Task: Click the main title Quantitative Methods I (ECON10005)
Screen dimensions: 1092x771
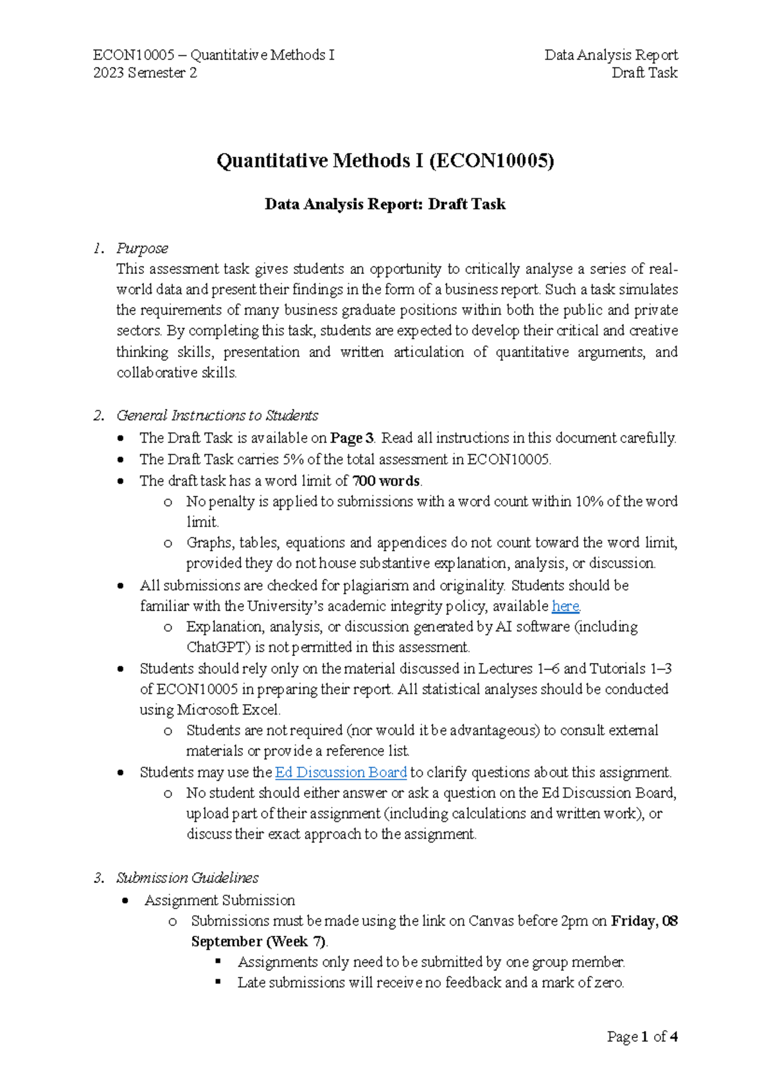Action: click(x=385, y=160)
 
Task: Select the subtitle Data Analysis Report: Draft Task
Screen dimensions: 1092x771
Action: click(x=385, y=205)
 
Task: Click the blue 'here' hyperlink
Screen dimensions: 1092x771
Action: click(x=565, y=606)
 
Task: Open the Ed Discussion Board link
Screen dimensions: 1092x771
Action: click(x=341, y=772)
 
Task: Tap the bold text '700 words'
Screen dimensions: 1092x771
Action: click(x=386, y=480)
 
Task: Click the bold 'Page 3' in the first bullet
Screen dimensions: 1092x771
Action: click(x=351, y=438)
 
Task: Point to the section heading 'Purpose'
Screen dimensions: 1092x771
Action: click(x=142, y=248)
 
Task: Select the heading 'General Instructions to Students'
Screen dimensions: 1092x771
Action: click(x=217, y=415)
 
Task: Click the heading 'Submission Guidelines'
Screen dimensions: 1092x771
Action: click(x=187, y=878)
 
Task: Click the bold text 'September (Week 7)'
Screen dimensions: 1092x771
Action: click(x=259, y=942)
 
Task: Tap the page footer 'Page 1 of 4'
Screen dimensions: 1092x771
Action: click(x=642, y=1037)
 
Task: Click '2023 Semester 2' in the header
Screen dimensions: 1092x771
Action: click(x=145, y=73)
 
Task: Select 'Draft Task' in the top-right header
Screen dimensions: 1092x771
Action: click(x=644, y=73)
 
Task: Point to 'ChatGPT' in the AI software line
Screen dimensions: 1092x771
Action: click(x=216, y=647)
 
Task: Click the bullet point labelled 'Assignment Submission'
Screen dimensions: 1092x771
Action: click(x=220, y=900)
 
